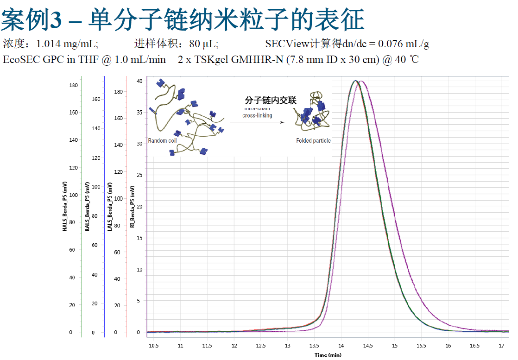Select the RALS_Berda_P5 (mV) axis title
click(87, 206)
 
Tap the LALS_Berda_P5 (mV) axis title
click(110, 206)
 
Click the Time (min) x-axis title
click(328, 355)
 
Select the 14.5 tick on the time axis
click(368, 346)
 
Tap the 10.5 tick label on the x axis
click(153, 346)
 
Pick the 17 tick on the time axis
click(501, 346)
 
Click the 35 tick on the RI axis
click(139, 112)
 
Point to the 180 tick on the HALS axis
click(73, 85)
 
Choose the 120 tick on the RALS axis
click(96, 158)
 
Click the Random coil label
click(163, 140)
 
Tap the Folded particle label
click(314, 140)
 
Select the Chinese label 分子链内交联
click(271, 100)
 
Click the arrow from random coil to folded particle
click(257, 122)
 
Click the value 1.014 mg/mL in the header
click(67, 44)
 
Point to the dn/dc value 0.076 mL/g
click(404, 44)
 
